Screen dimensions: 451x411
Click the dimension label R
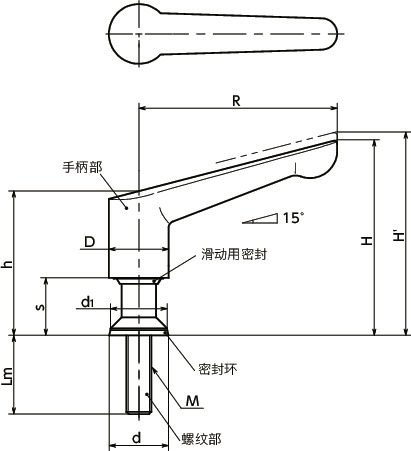[x=236, y=100]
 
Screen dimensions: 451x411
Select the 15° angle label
[x=292, y=217]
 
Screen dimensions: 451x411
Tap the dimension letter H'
[x=399, y=236]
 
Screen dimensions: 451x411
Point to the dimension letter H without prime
[x=367, y=240]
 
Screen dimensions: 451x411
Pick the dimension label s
[x=39, y=307]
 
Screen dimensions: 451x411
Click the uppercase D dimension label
[x=89, y=242]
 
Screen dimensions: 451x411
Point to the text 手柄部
[x=81, y=170]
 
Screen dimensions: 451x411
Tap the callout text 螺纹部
[x=201, y=438]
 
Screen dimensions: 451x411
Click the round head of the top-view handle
[x=132, y=35]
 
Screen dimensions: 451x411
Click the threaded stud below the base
[x=137, y=375]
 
